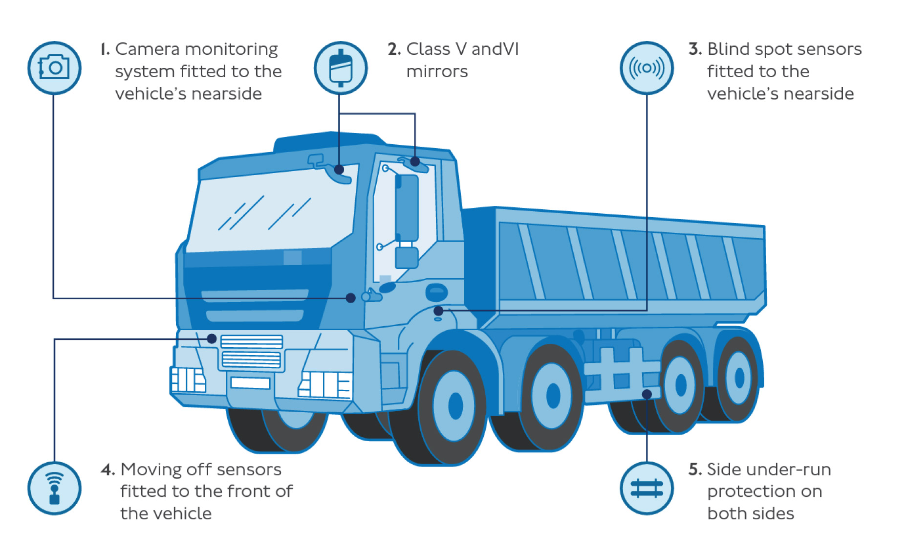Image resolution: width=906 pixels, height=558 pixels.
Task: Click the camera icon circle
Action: pos(54,67)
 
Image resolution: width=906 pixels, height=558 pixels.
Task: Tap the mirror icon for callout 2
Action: pos(341,67)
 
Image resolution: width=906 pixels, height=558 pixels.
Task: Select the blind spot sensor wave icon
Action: pos(647,67)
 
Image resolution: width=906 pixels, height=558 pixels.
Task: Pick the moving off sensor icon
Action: pos(54,488)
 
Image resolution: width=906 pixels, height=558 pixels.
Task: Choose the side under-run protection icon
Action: pos(647,488)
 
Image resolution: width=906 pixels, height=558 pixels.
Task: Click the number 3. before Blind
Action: pos(695,49)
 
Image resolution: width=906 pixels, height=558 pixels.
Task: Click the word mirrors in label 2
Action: pos(437,71)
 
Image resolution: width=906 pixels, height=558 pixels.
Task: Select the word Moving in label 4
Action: pos(151,469)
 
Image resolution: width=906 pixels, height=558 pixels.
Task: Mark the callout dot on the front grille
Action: pos(212,338)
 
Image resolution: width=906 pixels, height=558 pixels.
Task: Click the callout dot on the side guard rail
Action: pos(647,394)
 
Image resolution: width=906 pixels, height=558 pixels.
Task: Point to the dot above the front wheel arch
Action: pos(438,311)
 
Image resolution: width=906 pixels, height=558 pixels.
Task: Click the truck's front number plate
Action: pos(250,382)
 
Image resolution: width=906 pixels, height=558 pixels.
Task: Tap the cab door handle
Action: pos(436,292)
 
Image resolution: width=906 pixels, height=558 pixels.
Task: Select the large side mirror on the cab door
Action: pos(407,208)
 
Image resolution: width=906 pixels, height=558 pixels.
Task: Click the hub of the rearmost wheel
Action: pos(739,378)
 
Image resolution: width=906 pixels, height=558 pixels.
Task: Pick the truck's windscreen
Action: pos(271,210)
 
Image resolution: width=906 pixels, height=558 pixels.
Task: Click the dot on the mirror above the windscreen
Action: pos(339,170)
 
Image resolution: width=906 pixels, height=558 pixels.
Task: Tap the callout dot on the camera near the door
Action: pos(350,298)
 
